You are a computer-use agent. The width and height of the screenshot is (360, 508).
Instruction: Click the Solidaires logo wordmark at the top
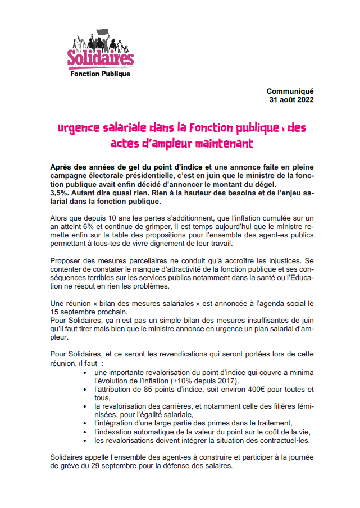coord(101,57)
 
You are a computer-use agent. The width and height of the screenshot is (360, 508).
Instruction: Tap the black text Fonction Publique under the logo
coord(100,74)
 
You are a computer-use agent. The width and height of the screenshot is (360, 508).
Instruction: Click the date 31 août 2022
coord(291,100)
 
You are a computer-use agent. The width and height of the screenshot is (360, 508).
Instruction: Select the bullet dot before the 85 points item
coord(85,389)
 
